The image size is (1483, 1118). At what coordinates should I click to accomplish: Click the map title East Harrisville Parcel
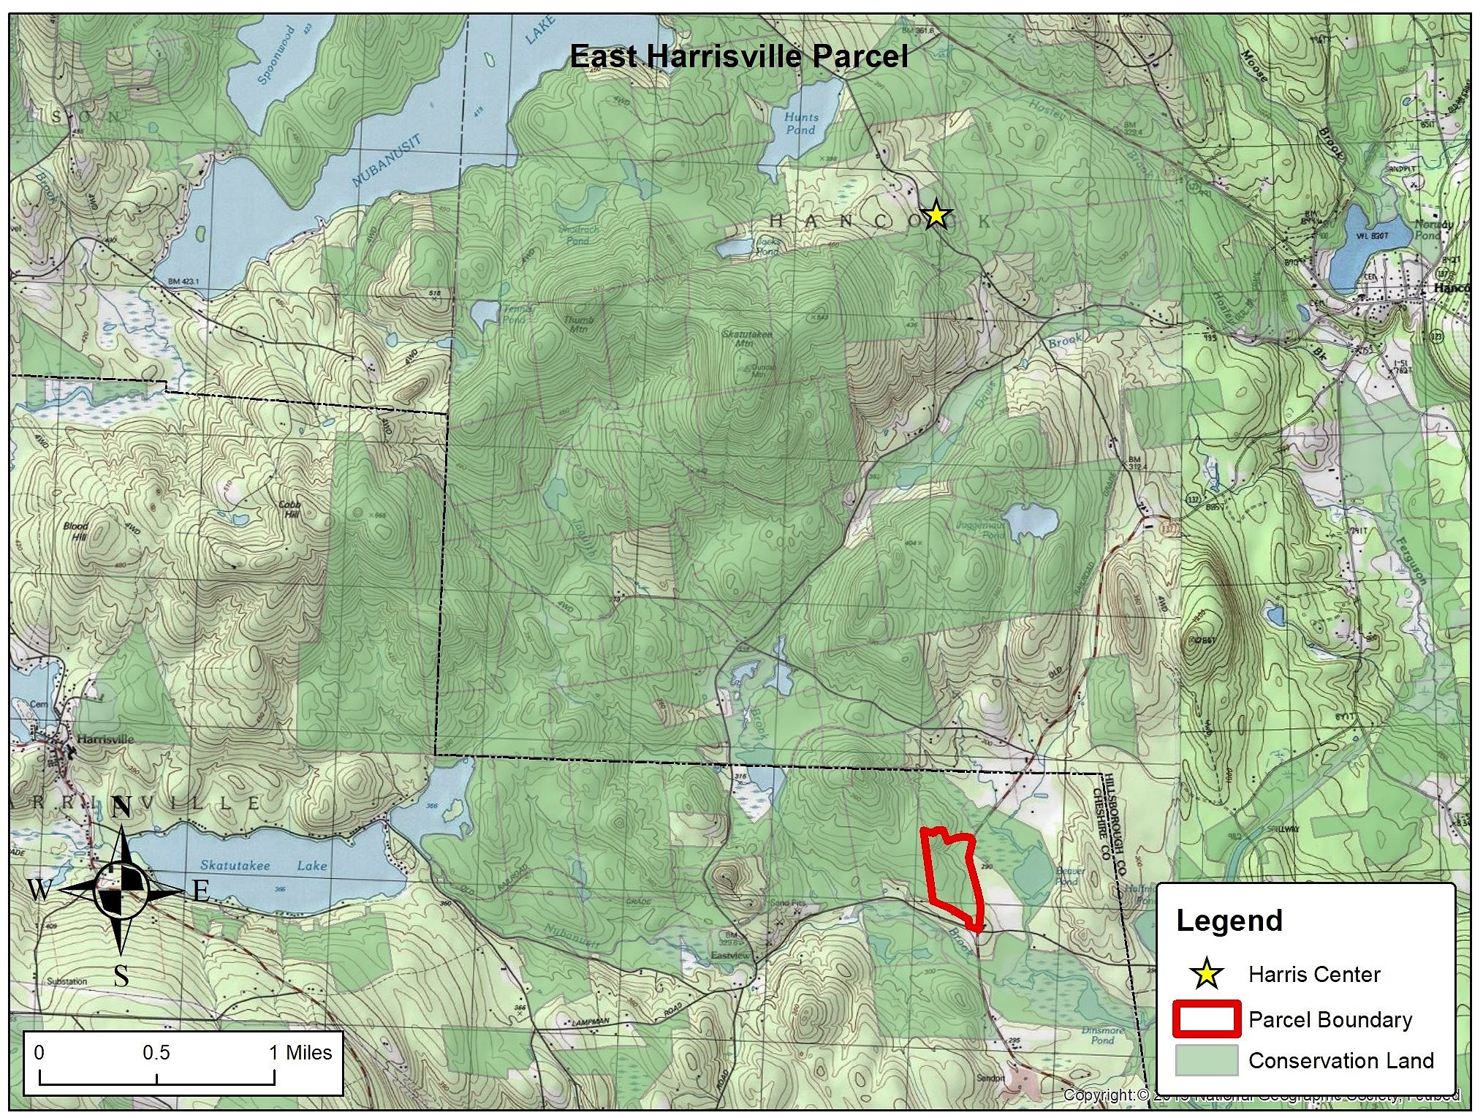pos(738,56)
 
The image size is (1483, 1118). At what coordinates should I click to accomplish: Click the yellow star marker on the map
pos(936,216)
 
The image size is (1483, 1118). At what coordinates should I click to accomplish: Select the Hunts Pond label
pos(800,123)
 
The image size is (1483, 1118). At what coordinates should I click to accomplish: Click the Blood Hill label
pos(75,531)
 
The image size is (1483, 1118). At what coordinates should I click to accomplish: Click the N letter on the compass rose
pos(121,808)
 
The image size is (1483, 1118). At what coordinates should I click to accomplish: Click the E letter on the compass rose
pos(202,891)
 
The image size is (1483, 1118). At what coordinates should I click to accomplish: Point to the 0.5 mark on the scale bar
pos(156,1053)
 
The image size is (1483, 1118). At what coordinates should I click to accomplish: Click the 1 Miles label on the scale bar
pos(300,1053)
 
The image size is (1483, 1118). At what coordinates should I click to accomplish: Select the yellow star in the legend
pos(1207,974)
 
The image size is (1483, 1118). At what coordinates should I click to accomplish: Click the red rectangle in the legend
pos(1207,1019)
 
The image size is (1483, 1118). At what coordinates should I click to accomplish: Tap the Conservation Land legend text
pos(1341,1060)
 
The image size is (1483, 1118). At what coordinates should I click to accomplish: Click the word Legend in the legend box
pos(1229,921)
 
